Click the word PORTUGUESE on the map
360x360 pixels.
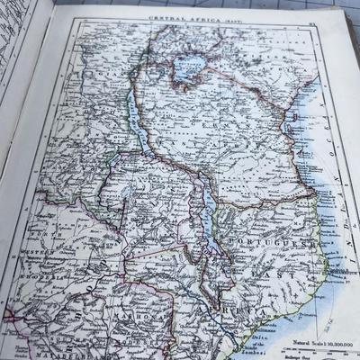[x=280, y=243]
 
